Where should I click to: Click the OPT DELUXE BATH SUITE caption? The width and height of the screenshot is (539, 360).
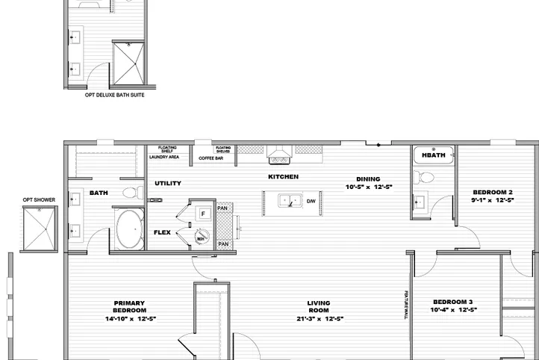click(x=114, y=95)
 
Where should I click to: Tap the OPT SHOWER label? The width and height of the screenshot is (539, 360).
click(x=39, y=199)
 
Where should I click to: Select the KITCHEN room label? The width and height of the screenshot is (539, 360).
click(x=283, y=177)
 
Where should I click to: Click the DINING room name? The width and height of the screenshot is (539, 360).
click(x=367, y=179)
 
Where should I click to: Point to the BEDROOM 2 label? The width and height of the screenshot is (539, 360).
click(x=492, y=192)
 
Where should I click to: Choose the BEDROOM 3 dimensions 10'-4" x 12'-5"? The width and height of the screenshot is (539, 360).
click(x=454, y=310)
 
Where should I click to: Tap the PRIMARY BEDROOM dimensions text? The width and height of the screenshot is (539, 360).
click(x=129, y=319)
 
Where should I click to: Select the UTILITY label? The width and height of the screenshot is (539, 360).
click(x=167, y=183)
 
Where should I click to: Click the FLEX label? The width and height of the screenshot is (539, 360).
click(x=162, y=232)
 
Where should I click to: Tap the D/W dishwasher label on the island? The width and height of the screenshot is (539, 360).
click(x=311, y=202)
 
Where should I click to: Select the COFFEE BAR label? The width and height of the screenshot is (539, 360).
click(x=211, y=158)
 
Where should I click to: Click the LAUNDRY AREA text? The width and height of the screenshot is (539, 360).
click(x=163, y=158)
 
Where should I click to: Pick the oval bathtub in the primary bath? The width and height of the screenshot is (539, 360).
click(x=130, y=228)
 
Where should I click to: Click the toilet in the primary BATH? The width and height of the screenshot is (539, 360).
click(x=131, y=192)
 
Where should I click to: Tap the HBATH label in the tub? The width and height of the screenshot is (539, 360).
click(x=433, y=155)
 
